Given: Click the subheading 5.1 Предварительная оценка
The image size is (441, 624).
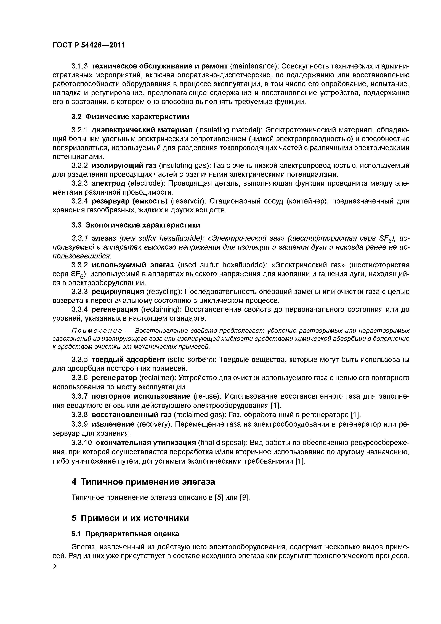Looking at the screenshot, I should pos(125,534).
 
